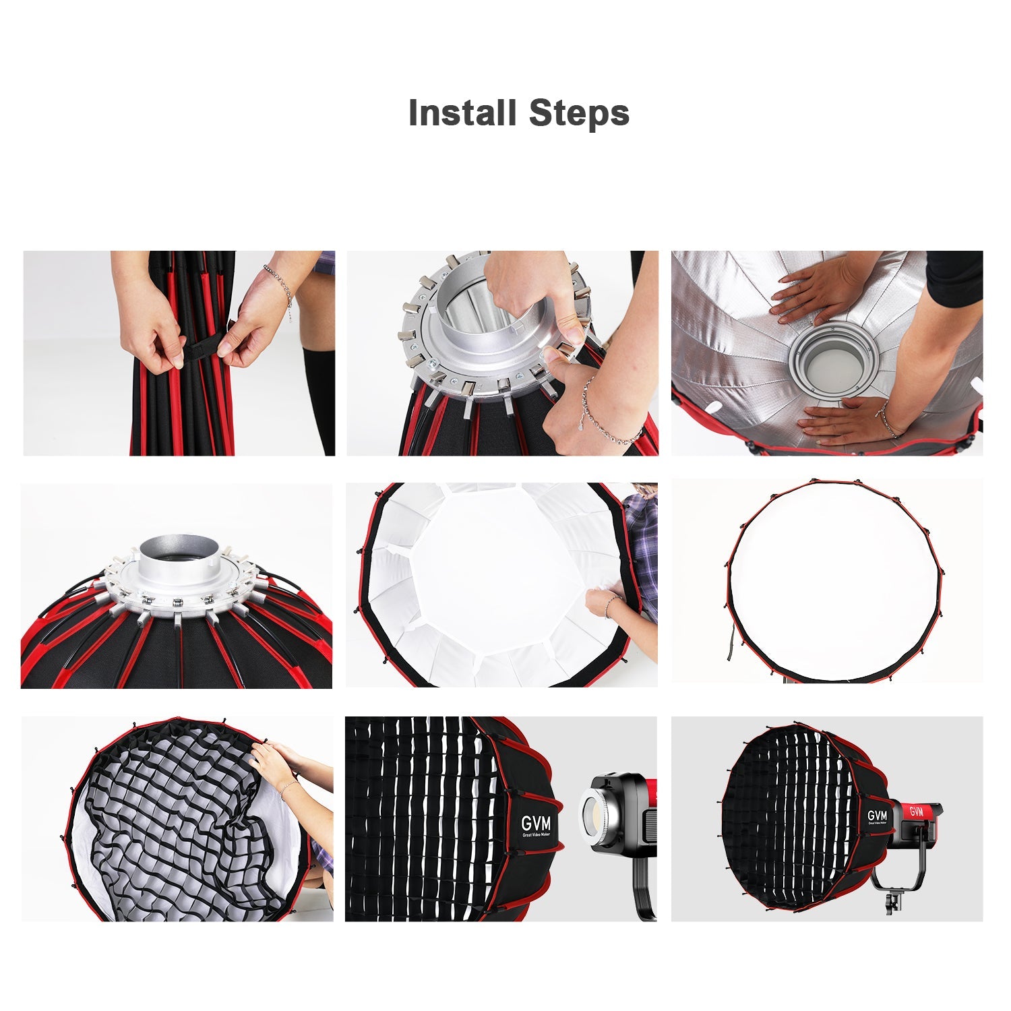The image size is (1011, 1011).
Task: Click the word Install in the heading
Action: pyautogui.click(x=462, y=113)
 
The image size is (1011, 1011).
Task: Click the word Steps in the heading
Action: pyautogui.click(x=579, y=113)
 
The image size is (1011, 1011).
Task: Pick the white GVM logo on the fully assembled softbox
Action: pyautogui.click(x=878, y=816)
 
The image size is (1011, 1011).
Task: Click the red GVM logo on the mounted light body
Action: pyautogui.click(x=916, y=811)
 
